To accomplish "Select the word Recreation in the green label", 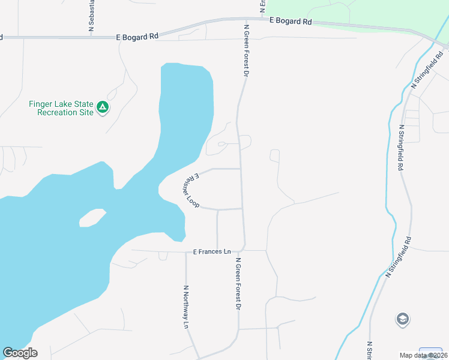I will pos(57,112).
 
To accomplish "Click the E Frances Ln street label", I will pos(212,252).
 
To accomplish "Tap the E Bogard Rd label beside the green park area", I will pos(291,21).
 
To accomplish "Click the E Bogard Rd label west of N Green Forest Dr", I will pos(137,37).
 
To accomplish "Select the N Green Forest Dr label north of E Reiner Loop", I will pos(246,50).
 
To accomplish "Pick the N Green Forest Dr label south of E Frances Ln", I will pos(238,284).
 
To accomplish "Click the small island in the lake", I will pos(92,218).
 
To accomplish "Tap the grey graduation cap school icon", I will pos(403,319).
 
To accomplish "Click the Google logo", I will pos(20,353).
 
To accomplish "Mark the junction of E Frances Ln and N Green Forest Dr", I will pos(244,250).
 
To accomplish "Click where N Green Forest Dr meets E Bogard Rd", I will pos(245,19).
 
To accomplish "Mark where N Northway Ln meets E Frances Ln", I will pos(186,251).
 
